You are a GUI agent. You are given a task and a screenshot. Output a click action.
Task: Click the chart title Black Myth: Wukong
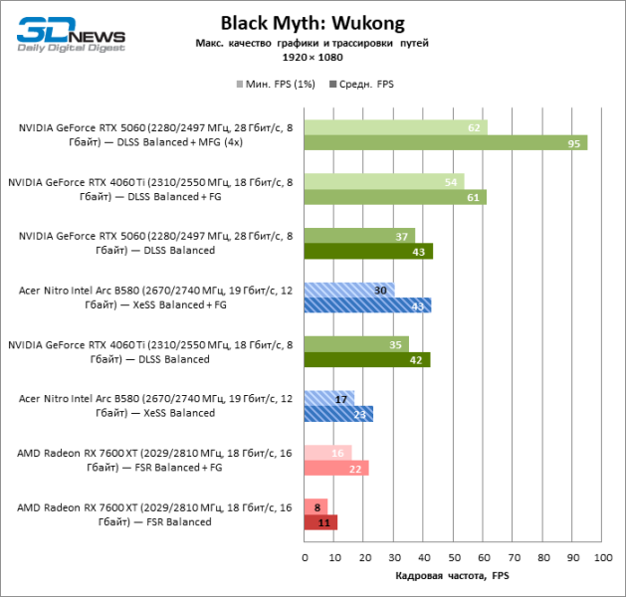[313, 23]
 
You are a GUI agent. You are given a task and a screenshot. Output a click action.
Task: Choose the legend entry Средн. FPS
[363, 85]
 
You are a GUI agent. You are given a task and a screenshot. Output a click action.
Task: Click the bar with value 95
[445, 142]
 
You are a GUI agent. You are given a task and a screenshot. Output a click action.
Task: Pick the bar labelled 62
[395, 127]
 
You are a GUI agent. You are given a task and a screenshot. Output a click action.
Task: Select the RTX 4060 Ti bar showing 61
[394, 197]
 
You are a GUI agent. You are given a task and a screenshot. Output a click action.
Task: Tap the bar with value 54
[383, 181]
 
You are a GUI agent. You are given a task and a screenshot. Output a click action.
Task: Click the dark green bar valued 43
[367, 252]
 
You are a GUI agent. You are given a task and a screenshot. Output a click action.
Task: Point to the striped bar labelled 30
[348, 290]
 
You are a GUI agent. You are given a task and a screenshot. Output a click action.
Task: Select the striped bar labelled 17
[328, 398]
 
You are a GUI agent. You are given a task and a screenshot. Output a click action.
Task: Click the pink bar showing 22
[335, 468]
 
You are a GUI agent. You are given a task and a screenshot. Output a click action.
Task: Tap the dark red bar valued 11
[319, 521]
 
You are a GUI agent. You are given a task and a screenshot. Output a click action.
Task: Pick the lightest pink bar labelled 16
[326, 453]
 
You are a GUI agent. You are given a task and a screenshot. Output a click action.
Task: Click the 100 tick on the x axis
[600, 557]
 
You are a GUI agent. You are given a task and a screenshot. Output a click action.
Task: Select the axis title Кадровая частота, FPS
[453, 576]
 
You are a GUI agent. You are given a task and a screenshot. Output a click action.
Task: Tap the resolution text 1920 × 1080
[313, 59]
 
